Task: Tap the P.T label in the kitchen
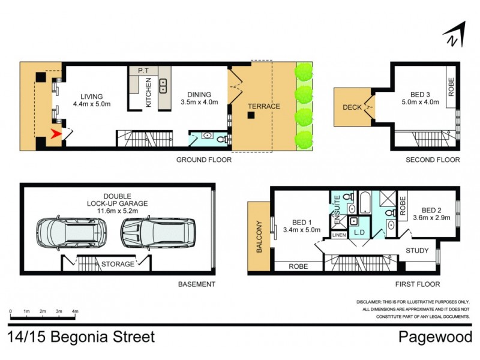tap(144, 70)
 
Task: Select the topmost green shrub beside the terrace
tap(305, 73)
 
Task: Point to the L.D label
tap(360, 232)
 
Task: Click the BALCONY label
tap(260, 236)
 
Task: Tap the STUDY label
tap(418, 250)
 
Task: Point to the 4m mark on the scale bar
tap(74, 311)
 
